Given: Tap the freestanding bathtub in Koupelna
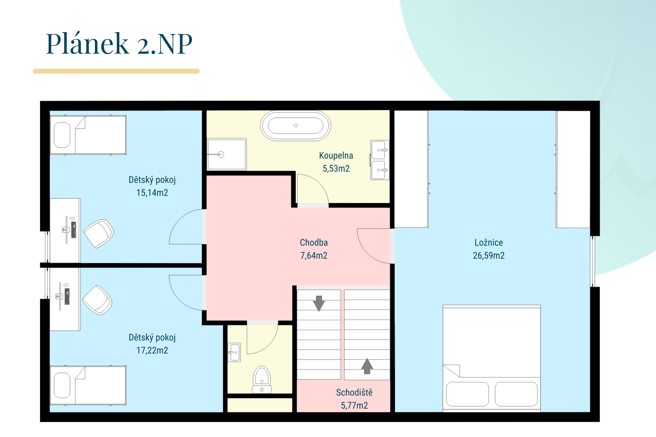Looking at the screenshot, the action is [295, 126].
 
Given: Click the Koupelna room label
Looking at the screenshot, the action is [336, 156].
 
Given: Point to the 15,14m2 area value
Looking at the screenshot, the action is [152, 193].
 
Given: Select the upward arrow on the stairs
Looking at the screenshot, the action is [367, 366].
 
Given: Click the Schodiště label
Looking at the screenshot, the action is [354, 392].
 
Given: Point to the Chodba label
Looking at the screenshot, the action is [314, 243].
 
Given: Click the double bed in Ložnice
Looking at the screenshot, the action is [492, 358].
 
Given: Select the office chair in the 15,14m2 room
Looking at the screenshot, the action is [99, 234].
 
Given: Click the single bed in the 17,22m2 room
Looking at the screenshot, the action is [88, 385].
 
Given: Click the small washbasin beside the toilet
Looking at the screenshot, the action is [234, 352].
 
